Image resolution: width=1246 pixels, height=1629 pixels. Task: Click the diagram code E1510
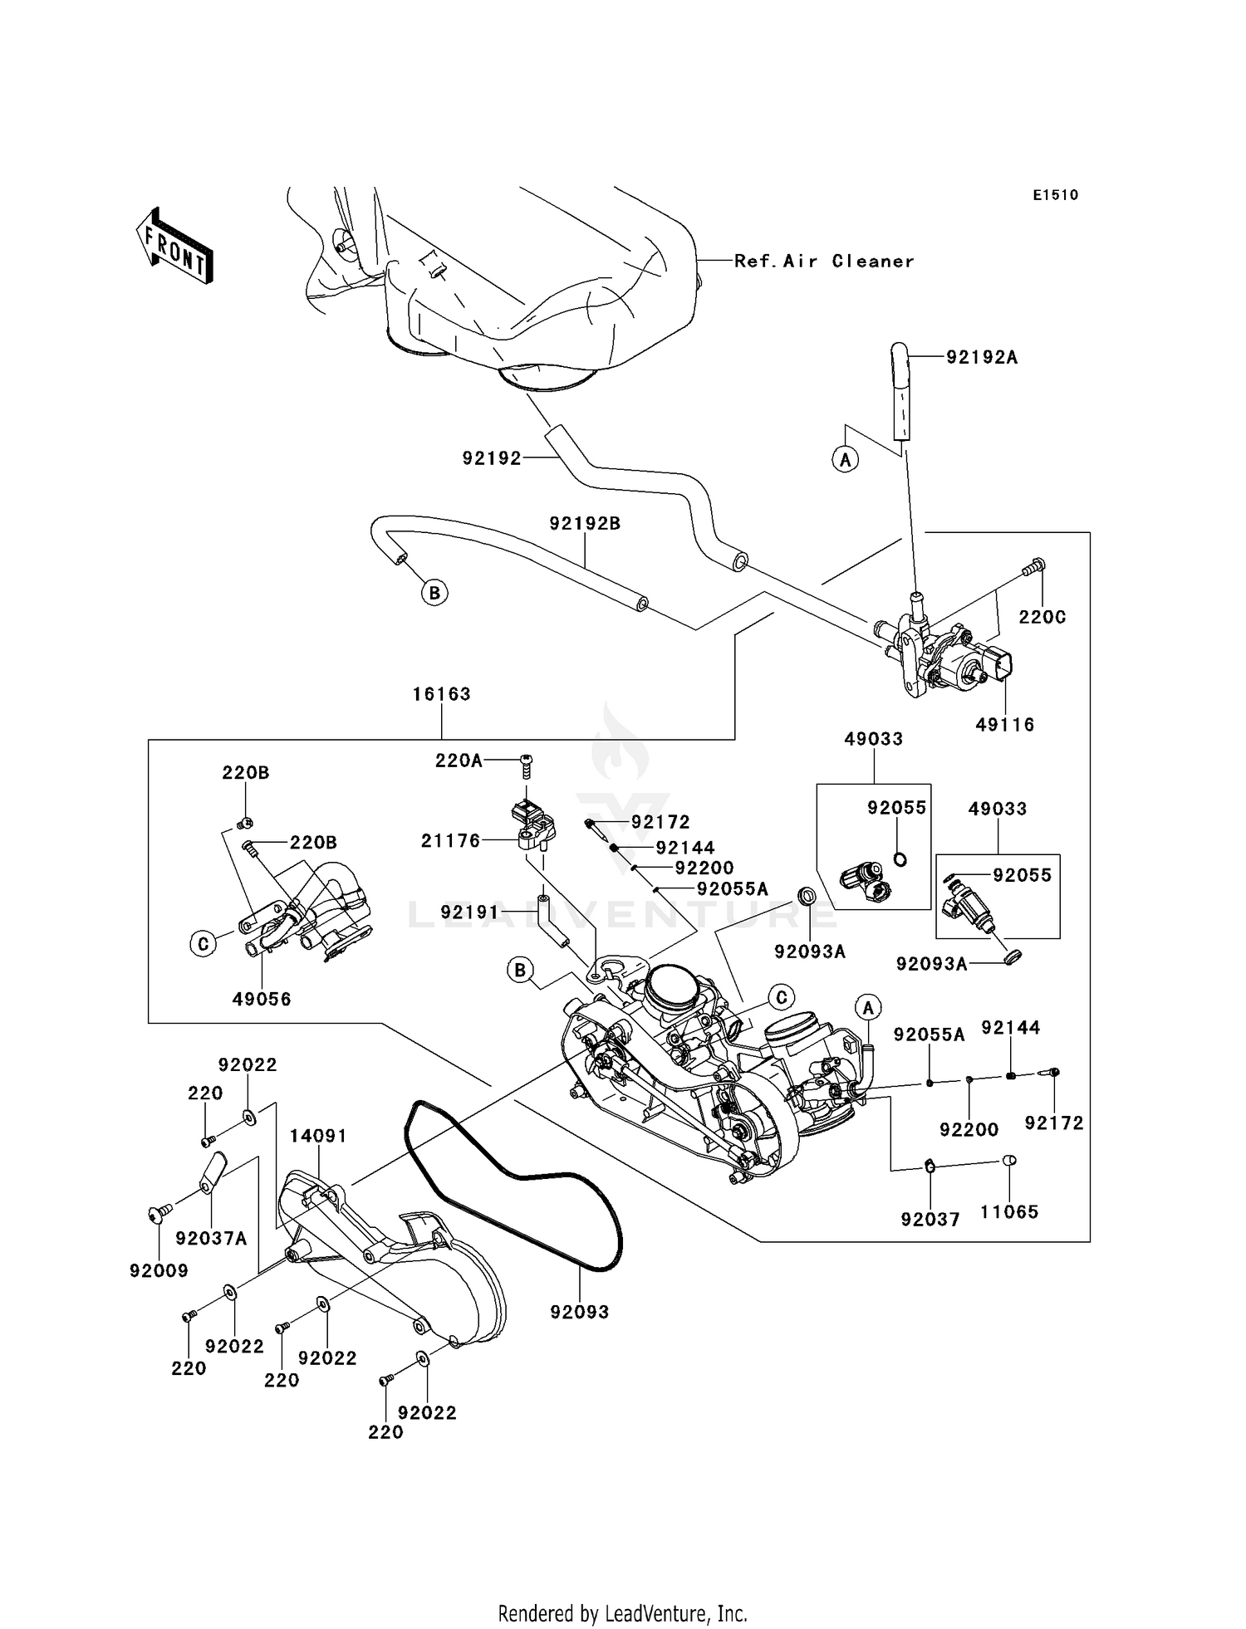click(1055, 195)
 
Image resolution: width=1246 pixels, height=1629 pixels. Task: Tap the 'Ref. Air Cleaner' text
click(823, 262)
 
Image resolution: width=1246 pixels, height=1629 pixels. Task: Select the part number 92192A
click(982, 358)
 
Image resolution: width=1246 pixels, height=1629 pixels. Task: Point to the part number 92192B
click(585, 524)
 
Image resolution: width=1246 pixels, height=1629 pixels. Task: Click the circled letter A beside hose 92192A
click(846, 459)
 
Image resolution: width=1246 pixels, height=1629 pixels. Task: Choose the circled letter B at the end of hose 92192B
click(434, 593)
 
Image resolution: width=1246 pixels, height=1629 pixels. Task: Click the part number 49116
click(1004, 725)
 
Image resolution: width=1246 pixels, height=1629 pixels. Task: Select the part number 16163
click(441, 694)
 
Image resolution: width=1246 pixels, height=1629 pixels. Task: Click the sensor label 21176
click(451, 841)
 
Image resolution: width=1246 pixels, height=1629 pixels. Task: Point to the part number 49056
click(262, 1000)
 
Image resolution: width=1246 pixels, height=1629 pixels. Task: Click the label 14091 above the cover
click(318, 1136)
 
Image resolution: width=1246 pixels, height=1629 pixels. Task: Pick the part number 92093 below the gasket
click(579, 1312)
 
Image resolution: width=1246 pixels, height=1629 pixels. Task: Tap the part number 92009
click(159, 1270)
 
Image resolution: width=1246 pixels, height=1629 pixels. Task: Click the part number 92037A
click(211, 1239)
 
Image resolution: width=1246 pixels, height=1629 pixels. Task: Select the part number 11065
click(1009, 1212)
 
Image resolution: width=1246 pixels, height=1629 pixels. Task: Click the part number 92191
click(469, 912)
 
